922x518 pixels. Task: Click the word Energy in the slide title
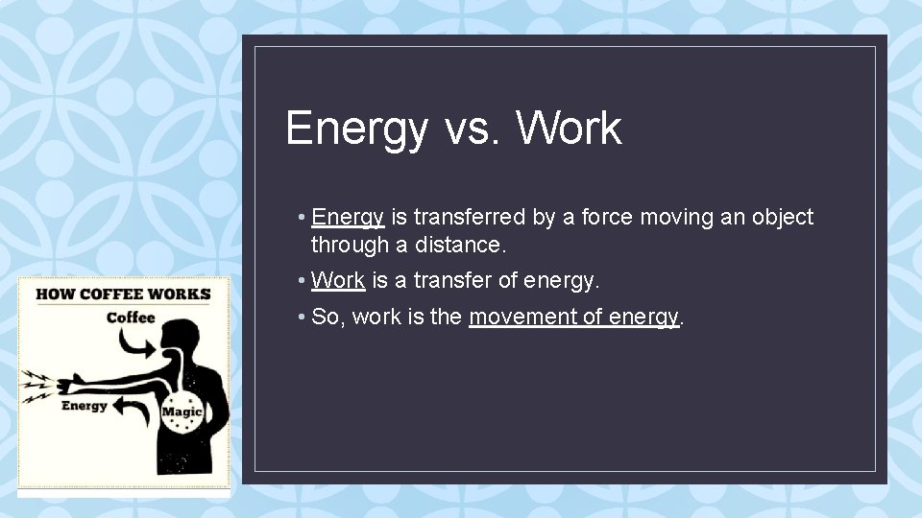355,129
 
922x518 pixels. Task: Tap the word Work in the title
569,129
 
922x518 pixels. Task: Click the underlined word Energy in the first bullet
348,218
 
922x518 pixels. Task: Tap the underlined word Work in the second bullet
338,281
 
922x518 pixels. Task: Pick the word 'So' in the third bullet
327,318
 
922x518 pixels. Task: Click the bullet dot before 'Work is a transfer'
302,281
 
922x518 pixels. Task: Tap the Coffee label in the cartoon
131,318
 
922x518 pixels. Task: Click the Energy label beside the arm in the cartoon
85,405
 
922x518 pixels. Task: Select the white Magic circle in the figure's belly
182,411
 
